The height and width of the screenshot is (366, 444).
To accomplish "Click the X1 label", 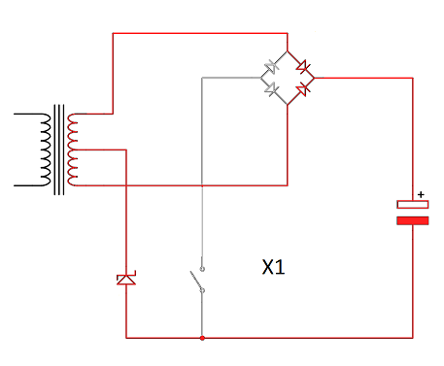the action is coord(273,267).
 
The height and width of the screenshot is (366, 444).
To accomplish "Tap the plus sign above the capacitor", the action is coord(421,194).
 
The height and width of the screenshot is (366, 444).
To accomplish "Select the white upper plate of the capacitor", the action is coord(413,205).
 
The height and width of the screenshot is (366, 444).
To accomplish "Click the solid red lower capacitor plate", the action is coord(413,220).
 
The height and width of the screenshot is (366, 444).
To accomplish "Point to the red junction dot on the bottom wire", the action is coord(202,338).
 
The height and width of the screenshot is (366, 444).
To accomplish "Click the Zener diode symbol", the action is coord(126,279).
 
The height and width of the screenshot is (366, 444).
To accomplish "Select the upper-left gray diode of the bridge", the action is coord(270,67).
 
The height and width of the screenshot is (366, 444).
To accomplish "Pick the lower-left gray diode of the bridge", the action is coord(271,89).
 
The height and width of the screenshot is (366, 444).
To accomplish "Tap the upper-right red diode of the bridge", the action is coord(303,67).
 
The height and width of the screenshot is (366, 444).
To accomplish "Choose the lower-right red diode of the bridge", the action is coord(303,88).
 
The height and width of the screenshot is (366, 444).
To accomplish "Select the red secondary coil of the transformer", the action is coord(72,150).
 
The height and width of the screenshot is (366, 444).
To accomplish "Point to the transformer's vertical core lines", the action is coord(59,150).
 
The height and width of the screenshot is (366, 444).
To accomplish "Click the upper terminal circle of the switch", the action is coord(202,269).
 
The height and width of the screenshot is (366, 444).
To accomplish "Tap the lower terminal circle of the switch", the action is coord(202,290).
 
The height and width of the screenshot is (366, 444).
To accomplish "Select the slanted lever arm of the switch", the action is coord(196,280).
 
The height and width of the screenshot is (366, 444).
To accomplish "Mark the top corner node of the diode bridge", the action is coord(288,50).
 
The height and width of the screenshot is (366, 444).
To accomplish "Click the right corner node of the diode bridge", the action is coord(314,78).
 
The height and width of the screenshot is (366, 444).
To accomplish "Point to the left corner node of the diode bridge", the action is coord(260,78).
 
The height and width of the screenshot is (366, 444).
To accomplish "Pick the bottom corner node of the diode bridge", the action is coord(288,105).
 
